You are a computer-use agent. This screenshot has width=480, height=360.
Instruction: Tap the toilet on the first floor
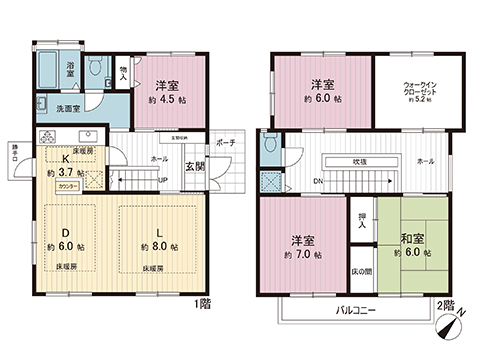(95, 68)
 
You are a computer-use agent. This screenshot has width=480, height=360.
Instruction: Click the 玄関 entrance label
(194, 167)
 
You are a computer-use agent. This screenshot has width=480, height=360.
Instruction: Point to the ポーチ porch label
(225, 143)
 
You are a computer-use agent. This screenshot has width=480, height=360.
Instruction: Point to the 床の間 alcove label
(361, 273)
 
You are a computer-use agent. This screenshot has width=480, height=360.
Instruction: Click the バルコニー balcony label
(355, 311)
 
